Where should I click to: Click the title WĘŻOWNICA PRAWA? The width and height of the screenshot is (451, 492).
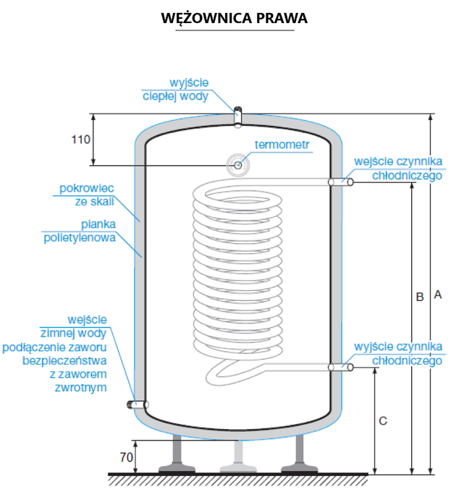[235, 18]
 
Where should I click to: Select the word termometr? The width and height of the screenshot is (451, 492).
[282, 145]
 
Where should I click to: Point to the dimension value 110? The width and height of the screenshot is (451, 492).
[80, 140]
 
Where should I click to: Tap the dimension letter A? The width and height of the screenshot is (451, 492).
[437, 294]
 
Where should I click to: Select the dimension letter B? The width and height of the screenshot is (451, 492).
[419, 296]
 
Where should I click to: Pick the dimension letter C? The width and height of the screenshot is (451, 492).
[383, 420]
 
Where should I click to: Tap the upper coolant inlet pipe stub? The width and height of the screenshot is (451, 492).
[341, 182]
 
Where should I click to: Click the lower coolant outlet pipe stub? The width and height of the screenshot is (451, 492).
[341, 368]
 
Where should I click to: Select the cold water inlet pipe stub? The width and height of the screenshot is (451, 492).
[138, 405]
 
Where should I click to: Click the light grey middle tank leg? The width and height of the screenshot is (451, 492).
[237, 456]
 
